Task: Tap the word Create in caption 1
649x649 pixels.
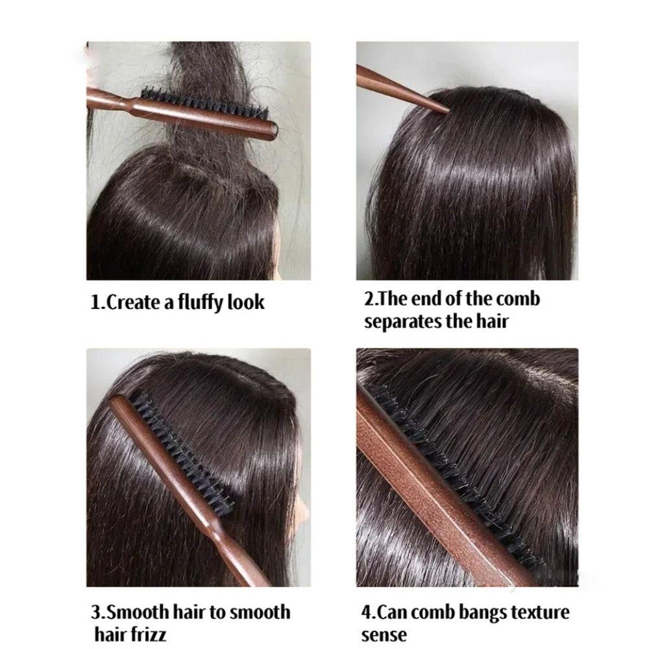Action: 132,302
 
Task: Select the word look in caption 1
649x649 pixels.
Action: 246,302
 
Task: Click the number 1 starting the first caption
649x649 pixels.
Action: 95,302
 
